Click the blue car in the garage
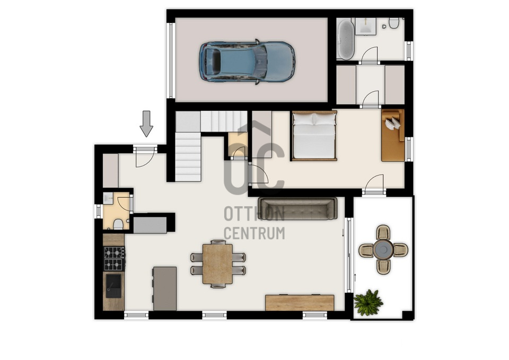[247, 62]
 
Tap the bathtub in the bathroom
[345, 39]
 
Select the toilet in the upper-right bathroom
[394, 23]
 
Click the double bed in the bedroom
[314, 136]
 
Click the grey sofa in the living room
[297, 208]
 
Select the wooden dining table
[217, 264]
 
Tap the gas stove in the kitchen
[114, 258]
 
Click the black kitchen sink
[113, 286]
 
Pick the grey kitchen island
[165, 288]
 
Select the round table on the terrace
[383, 250]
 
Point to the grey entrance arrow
[146, 124]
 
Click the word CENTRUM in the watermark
[254, 233]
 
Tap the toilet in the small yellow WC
[118, 224]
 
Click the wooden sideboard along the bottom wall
[300, 303]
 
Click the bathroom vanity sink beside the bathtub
[365, 26]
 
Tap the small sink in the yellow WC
[108, 198]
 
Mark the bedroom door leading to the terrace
[374, 185]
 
